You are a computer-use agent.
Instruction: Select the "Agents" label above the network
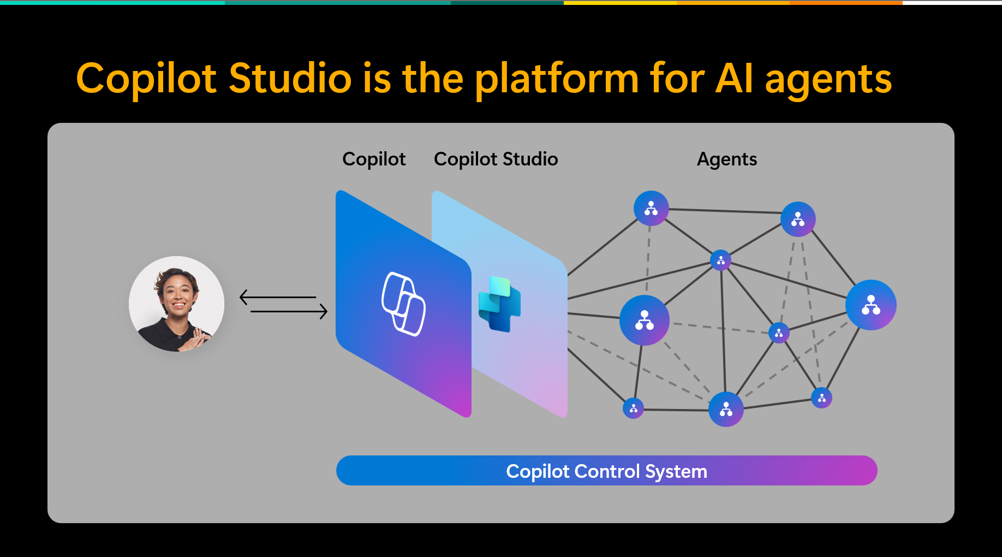click(726, 159)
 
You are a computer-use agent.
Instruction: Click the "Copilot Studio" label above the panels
click(496, 159)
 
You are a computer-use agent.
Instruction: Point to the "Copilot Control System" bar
click(606, 471)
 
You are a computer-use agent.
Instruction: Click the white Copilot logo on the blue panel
click(403, 304)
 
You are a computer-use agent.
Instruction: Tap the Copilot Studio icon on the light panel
click(499, 304)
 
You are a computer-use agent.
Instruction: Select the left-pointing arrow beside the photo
click(277, 297)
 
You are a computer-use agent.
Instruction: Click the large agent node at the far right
click(870, 305)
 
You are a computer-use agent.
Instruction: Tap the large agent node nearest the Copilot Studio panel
click(644, 320)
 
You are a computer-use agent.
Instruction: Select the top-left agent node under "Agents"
click(651, 208)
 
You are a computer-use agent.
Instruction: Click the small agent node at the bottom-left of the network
click(633, 408)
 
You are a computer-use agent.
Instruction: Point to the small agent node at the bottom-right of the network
click(821, 398)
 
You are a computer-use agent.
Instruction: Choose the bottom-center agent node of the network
click(726, 409)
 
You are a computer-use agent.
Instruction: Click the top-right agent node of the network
click(798, 219)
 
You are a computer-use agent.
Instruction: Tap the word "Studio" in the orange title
click(290, 79)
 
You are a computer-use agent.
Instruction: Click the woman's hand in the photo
click(196, 339)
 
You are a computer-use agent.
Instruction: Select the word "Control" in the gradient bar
click(607, 471)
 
